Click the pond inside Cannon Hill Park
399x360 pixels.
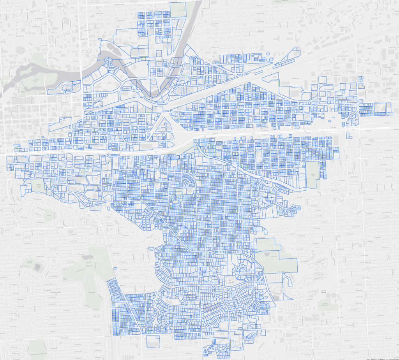pyautogui.click(x=37, y=267)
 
